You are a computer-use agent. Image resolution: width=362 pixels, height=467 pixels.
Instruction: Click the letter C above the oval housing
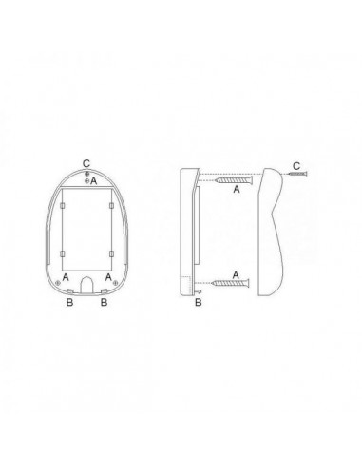coord(86,164)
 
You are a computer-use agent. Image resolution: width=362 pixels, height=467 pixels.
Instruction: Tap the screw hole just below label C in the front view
coord(86,174)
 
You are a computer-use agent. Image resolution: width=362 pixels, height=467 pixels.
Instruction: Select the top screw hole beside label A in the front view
coord(86,180)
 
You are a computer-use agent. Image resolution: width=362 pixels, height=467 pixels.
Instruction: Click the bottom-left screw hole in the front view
coord(58,283)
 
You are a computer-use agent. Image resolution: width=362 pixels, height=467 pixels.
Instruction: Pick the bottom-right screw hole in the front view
coord(115,283)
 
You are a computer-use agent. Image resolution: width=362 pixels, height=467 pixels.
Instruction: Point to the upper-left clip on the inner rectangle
coord(63,206)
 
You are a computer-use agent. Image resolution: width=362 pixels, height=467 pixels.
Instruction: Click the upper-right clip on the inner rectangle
coord(111,206)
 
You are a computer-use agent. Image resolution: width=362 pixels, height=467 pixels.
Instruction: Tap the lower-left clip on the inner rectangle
coord(63,253)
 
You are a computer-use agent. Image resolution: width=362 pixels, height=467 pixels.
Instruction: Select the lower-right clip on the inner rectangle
coord(111,253)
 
